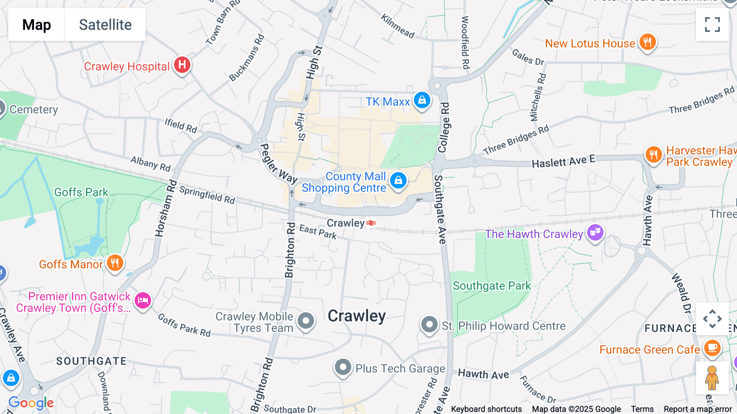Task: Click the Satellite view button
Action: [x=105, y=25]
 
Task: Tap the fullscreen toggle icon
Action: [x=712, y=25]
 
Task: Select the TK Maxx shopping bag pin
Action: [x=422, y=100]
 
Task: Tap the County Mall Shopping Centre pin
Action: [x=398, y=180]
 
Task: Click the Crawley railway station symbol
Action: [x=371, y=223]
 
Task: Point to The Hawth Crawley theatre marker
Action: [x=595, y=233]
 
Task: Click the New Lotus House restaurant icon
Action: [x=647, y=42]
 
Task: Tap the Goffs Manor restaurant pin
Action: [x=115, y=263]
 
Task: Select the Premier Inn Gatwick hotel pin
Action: [x=143, y=301]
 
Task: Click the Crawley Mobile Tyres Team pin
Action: [x=306, y=321]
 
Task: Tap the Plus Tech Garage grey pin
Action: [x=343, y=367]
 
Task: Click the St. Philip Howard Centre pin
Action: [x=429, y=325]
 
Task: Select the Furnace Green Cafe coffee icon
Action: [x=712, y=348]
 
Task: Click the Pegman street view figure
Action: [x=712, y=378]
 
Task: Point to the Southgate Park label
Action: [x=491, y=286]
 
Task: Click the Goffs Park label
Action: [x=81, y=192]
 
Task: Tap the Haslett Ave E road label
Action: [x=563, y=162]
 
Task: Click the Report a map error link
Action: [x=697, y=409]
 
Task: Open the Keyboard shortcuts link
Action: [x=486, y=409]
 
